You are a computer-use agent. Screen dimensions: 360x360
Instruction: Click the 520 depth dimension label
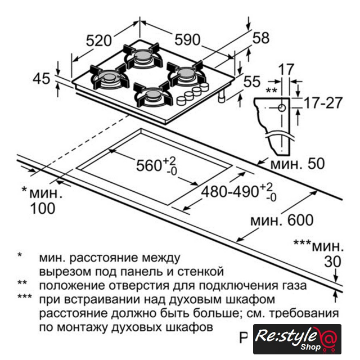pos(99,41)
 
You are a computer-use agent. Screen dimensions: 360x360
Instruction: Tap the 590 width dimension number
pos(187,39)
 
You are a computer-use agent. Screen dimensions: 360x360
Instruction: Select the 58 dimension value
pos(261,38)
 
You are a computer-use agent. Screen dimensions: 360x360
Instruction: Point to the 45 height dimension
pos(41,79)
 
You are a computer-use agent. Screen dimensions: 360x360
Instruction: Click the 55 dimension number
pos(252,82)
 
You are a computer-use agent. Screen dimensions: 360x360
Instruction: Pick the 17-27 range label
pos(323,102)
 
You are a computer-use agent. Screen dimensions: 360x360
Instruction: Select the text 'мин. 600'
pos(282,220)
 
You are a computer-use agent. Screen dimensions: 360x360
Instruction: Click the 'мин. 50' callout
pos(298,164)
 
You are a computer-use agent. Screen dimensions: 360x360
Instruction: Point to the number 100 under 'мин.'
pos(43,209)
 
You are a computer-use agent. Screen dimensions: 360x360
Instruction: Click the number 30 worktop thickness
pos(332,262)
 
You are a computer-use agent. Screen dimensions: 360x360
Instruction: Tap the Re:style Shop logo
pos(297,339)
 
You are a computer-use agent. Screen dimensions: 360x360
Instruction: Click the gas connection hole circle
pos(282,107)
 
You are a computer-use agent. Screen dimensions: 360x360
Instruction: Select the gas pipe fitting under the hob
pos(222,96)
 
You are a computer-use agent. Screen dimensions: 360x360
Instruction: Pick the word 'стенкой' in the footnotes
pos(201,272)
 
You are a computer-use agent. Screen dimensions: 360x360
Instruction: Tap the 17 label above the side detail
pos(286,69)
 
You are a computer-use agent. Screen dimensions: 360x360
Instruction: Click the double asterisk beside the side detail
pos(271,90)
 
